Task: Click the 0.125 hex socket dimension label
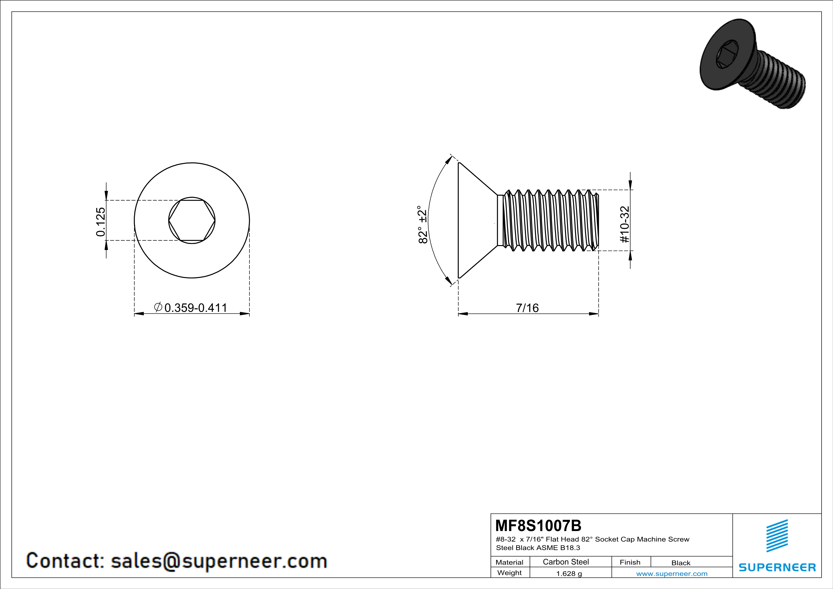click(100, 222)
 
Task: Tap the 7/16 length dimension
click(527, 308)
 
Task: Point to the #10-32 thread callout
click(624, 224)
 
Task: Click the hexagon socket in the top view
click(192, 220)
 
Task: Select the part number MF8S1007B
click(538, 526)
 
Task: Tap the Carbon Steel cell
click(566, 562)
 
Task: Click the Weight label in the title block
click(509, 573)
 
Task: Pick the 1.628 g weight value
click(569, 573)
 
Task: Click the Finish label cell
click(630, 562)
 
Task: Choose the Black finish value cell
click(681, 563)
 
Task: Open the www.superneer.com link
click(671, 573)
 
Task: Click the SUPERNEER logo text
click(777, 567)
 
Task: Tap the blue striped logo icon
click(777, 536)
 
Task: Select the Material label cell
click(509, 562)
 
